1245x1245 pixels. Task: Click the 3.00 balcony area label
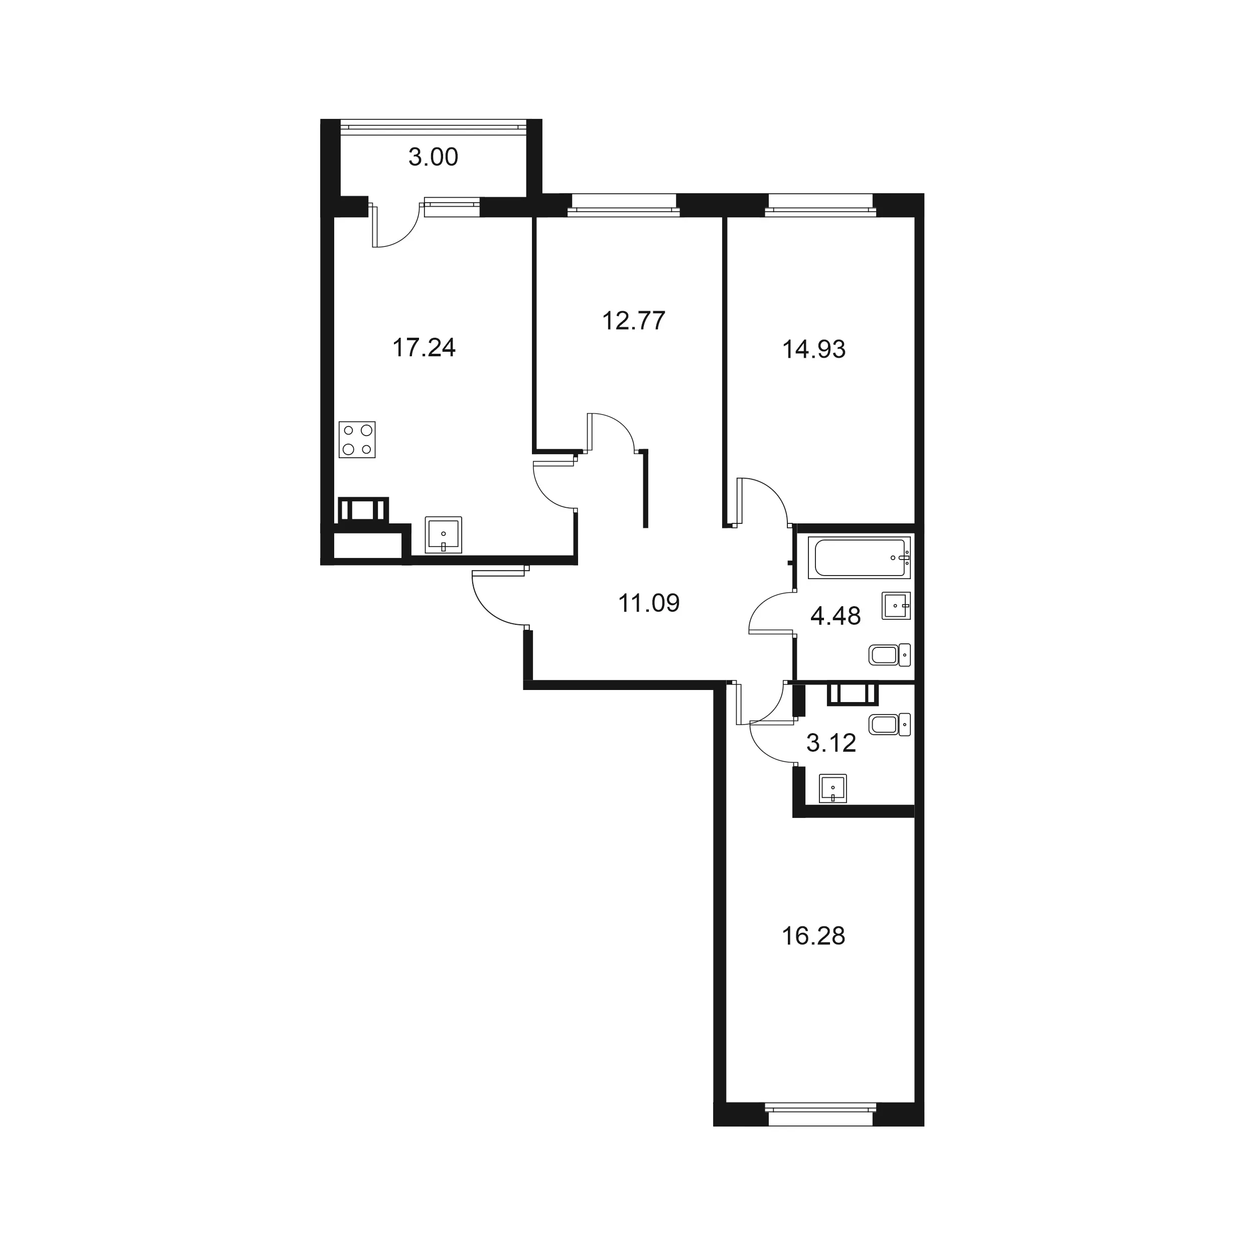click(x=433, y=157)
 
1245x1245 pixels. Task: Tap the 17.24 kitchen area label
click(x=424, y=348)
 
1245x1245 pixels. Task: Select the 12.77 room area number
click(x=633, y=320)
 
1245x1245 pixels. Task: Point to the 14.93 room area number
click(x=814, y=349)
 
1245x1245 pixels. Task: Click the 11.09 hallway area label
click(x=649, y=603)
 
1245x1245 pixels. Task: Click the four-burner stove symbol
click(x=357, y=440)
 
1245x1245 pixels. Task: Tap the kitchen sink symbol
click(x=444, y=535)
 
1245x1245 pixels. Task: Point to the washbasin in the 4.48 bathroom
click(x=896, y=606)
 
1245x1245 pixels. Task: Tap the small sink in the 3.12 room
click(x=833, y=789)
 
